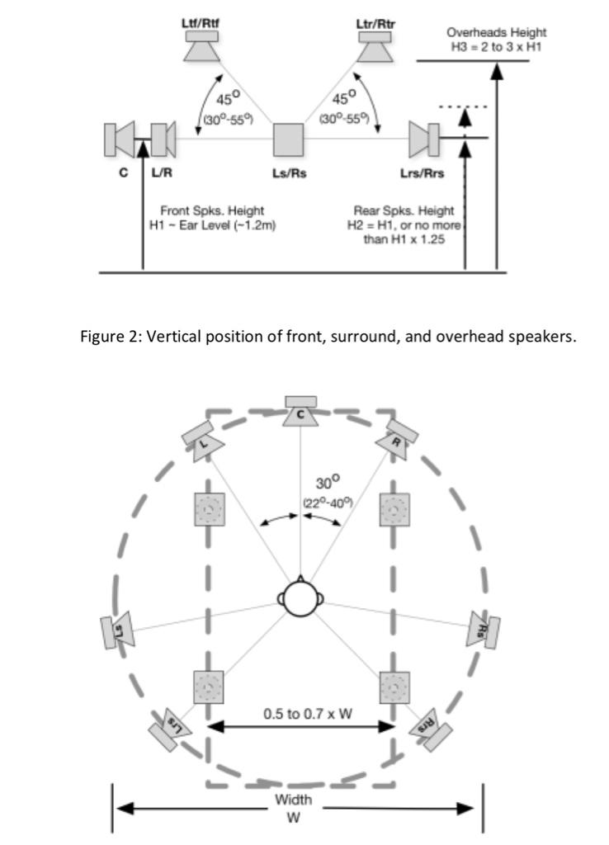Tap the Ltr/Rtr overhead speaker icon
(375, 47)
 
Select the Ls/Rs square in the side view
(288, 139)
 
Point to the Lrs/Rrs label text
(422, 173)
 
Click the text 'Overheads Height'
(496, 32)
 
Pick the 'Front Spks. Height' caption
(212, 210)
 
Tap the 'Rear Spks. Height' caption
(404, 210)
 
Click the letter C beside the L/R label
(124, 173)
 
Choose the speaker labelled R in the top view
(398, 440)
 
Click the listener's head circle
(300, 599)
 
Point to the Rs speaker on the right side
(483, 630)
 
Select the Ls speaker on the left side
(117, 630)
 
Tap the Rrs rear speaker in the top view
(431, 729)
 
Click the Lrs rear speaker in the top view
(170, 729)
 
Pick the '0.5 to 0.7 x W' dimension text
(308, 714)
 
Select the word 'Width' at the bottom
(293, 799)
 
